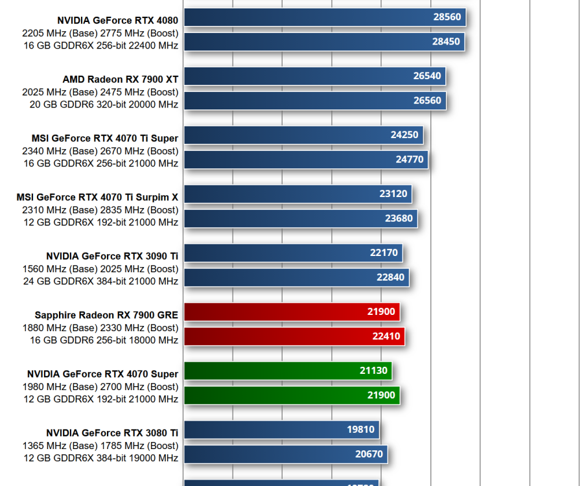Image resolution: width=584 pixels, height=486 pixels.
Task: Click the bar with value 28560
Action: pyautogui.click(x=324, y=17)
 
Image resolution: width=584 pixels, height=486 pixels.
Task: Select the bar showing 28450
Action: pyautogui.click(x=324, y=42)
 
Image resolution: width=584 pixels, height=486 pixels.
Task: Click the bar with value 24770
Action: pyautogui.click(x=305, y=160)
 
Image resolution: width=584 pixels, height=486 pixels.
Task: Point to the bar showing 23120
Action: pyautogui.click(x=298, y=194)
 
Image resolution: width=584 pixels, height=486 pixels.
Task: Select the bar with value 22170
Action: pyautogui.click(x=293, y=253)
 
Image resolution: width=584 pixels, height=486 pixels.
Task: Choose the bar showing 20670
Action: pyautogui.click(x=285, y=454)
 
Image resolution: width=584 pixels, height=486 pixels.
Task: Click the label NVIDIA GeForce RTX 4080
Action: pyautogui.click(x=117, y=20)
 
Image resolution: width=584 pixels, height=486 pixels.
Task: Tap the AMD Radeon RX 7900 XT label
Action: pyautogui.click(x=120, y=79)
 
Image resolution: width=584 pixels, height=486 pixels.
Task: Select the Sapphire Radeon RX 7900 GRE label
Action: pyautogui.click(x=106, y=315)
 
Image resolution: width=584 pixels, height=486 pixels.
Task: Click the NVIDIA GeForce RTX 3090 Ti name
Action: pyautogui.click(x=111, y=256)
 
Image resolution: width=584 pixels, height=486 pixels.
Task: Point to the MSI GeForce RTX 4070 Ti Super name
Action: pyautogui.click(x=104, y=138)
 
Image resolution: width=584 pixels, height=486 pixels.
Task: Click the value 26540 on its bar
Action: pyautogui.click(x=426, y=76)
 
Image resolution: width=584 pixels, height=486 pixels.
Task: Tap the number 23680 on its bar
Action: pyautogui.click(x=399, y=218)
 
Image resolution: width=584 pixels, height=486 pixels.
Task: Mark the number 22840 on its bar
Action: pyautogui.click(x=390, y=277)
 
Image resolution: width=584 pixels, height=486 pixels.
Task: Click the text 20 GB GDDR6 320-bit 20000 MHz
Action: pyautogui.click(x=104, y=104)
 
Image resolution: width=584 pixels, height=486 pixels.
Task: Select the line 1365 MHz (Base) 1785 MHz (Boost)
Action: pyautogui.click(x=100, y=445)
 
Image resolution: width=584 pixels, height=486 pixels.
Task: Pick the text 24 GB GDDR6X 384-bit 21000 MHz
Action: pyautogui.click(x=100, y=281)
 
